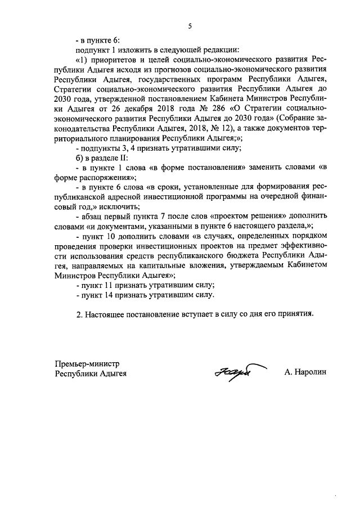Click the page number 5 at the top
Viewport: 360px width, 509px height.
(190, 25)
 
